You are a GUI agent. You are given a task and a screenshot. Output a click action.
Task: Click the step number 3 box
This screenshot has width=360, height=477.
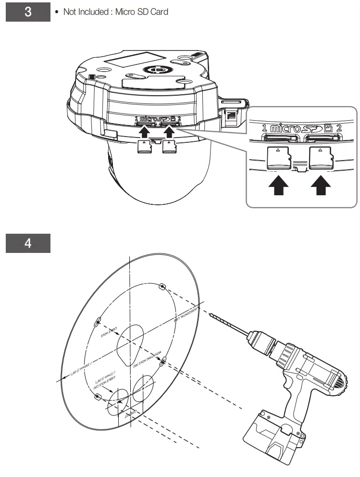click(x=28, y=12)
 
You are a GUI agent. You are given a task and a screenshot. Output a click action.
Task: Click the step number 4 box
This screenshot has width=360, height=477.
click(x=28, y=244)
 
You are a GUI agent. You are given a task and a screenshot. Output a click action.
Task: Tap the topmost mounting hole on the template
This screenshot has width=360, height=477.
click(x=162, y=287)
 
